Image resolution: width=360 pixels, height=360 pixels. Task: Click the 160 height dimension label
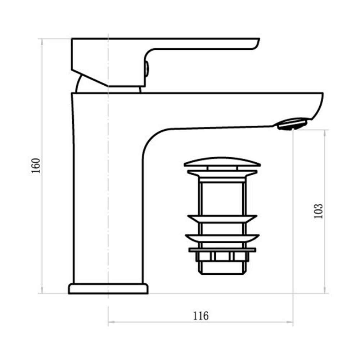coord(36,166)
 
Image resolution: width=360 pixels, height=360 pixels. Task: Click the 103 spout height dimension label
coord(318,211)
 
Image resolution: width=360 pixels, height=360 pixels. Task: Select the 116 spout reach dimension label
coord(201,316)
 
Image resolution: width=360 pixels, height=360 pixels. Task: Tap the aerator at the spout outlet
coord(292,124)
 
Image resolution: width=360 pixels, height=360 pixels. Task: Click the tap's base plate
coord(108,289)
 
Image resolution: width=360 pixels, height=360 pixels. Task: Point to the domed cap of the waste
coord(222,162)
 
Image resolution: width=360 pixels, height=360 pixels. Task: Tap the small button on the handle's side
coord(147,68)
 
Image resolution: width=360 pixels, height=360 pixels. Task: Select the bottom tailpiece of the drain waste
coord(222,268)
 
